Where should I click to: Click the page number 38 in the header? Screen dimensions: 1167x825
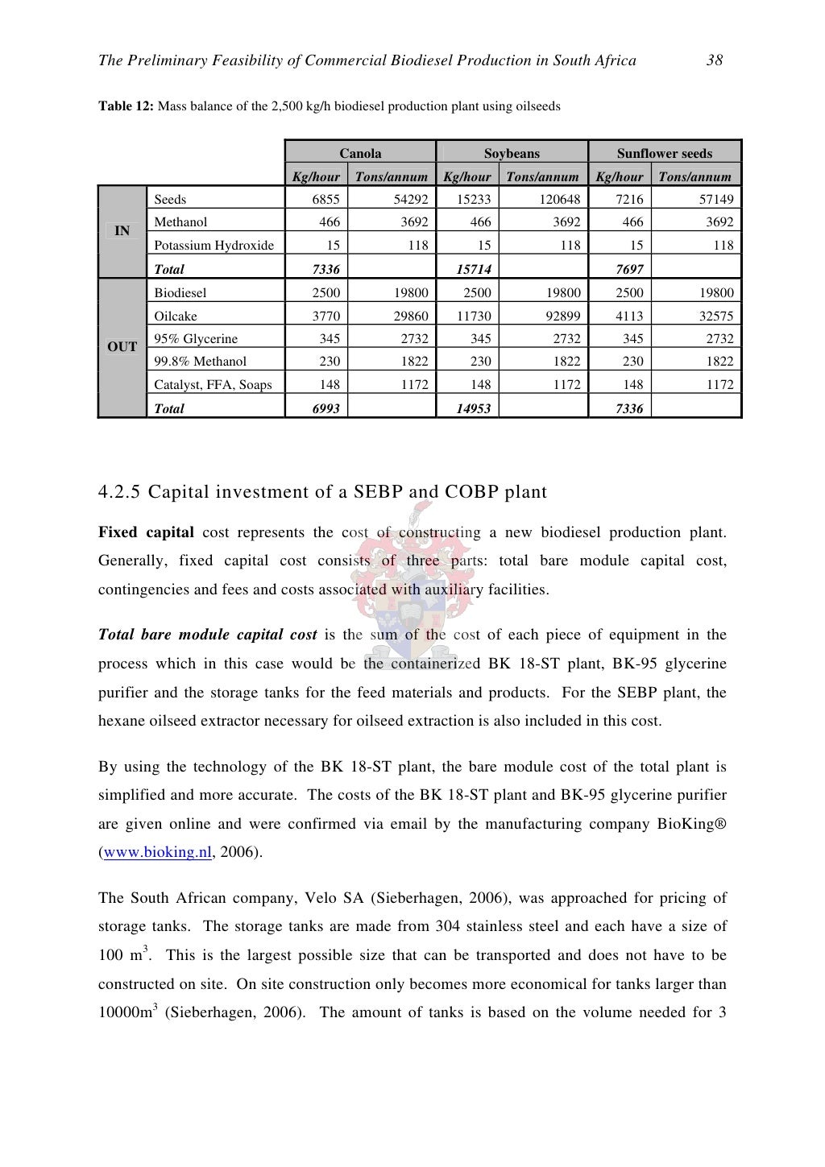(x=714, y=60)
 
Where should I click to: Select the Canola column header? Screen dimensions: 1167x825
(x=360, y=153)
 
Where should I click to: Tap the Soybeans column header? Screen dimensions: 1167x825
(x=512, y=153)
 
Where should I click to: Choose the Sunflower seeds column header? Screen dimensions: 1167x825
(x=665, y=153)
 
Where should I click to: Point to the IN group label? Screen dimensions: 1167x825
(x=122, y=231)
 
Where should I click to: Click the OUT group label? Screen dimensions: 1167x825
(x=122, y=347)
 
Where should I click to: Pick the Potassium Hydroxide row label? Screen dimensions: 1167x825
(x=214, y=246)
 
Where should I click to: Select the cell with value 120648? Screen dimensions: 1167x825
(x=558, y=200)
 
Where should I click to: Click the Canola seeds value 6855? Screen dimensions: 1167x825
(x=325, y=200)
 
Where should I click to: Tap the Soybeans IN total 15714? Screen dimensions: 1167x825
(x=474, y=270)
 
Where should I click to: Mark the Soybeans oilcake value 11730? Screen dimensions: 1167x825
(x=474, y=317)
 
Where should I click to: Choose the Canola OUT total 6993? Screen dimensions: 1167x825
(x=325, y=409)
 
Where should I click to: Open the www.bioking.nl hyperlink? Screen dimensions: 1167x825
(x=157, y=852)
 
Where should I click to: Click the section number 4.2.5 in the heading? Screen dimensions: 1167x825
(x=119, y=492)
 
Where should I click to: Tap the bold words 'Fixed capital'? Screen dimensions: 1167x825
(x=146, y=532)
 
